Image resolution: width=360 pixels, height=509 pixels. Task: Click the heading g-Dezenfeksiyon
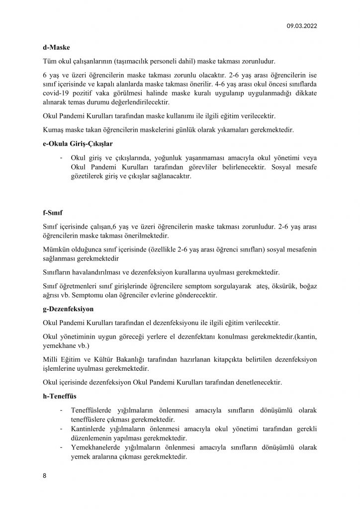(x=72, y=309)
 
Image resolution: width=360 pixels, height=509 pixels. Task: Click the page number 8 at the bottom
(x=45, y=475)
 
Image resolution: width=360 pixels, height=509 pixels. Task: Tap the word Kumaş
(x=54, y=131)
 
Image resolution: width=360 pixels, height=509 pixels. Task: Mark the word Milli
(x=51, y=358)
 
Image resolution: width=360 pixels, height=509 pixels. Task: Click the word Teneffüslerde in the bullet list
(x=94, y=410)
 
